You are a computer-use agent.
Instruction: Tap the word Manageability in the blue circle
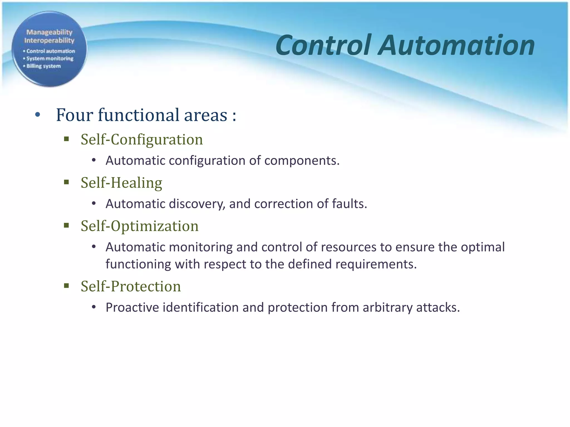(49, 32)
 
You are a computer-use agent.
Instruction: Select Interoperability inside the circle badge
(49, 41)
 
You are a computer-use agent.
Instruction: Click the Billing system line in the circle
(43, 66)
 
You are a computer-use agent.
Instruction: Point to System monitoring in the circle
(50, 59)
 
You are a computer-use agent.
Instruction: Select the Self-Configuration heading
(142, 139)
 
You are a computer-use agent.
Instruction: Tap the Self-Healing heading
(121, 183)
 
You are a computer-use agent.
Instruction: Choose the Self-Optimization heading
(139, 226)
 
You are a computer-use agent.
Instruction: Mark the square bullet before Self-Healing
(66, 182)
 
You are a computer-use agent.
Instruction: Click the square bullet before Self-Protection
(66, 286)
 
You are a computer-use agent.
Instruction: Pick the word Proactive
(132, 307)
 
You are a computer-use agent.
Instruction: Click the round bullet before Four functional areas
(38, 115)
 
